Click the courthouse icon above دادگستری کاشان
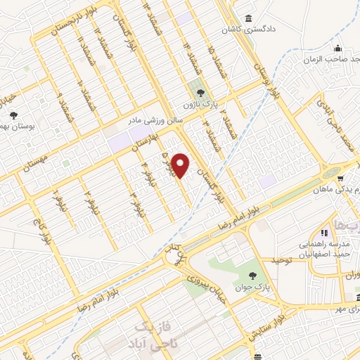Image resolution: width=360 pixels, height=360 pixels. click(247, 19)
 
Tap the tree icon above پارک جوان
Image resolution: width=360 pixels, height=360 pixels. click(252, 275)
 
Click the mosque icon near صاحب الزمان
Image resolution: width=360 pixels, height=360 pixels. click(338, 49)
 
